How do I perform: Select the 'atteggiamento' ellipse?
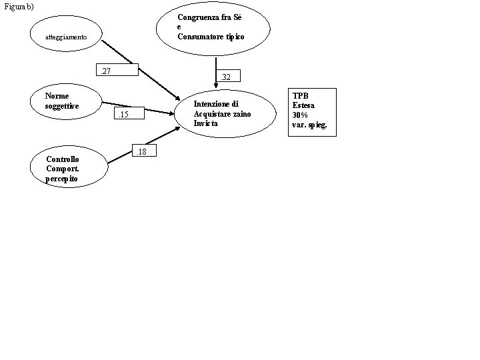tap(65, 37)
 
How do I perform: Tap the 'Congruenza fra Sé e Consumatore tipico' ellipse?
tap(213, 27)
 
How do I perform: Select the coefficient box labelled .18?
tap(145, 153)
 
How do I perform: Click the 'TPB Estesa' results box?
tap(312, 111)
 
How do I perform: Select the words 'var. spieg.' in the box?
tap(309, 125)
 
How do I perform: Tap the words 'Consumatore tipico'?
tap(211, 36)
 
